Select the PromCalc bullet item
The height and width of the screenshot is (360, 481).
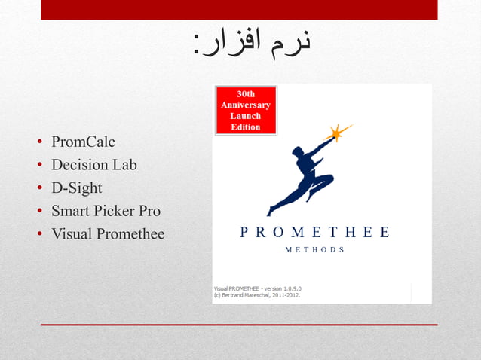(83, 142)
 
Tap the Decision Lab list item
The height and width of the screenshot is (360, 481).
(93, 165)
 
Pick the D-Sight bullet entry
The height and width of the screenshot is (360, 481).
(76, 188)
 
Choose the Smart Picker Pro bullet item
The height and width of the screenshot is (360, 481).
(106, 211)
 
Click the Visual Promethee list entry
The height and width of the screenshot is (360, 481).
(107, 234)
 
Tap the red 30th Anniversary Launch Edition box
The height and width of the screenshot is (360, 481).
(246, 110)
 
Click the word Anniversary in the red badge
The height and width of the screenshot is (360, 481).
(246, 105)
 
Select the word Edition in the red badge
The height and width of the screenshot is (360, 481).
(246, 127)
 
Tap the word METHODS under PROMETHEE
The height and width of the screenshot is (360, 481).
(314, 250)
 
